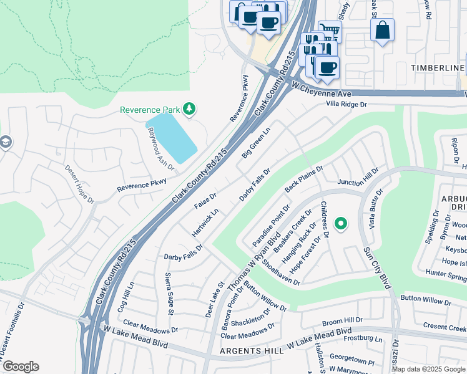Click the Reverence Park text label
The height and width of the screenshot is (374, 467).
[150, 110]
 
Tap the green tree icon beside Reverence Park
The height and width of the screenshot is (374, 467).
[189, 110]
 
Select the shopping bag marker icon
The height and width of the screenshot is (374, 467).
[382, 30]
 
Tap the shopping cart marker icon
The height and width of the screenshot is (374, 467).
[330, 31]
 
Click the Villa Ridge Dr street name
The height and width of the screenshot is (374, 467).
[346, 105]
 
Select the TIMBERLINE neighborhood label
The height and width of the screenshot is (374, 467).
[437, 67]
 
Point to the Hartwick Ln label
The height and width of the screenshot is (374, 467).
[205, 222]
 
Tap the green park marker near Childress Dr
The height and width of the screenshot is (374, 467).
[341, 223]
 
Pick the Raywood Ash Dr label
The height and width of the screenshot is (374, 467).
[160, 150]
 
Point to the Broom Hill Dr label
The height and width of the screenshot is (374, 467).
[342, 322]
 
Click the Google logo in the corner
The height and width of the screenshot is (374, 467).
[21, 367]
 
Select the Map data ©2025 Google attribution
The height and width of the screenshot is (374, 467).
[428, 369]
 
